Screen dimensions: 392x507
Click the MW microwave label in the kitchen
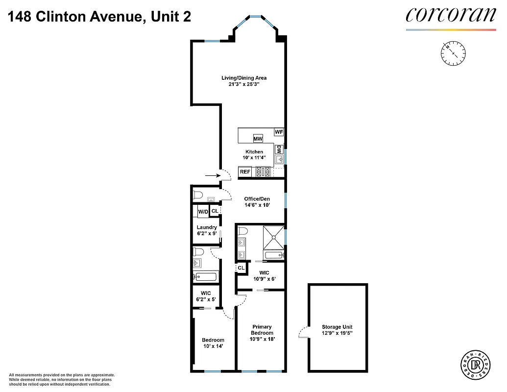coord(258,139)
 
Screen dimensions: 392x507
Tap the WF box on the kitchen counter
coord(278,132)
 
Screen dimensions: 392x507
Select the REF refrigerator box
coord(245,171)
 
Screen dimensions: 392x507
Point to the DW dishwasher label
coord(278,149)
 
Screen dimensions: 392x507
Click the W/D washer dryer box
coord(203,212)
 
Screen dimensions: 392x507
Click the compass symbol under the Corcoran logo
coord(454,53)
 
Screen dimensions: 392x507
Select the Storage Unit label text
coord(337,327)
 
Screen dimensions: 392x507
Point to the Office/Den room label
coord(257,199)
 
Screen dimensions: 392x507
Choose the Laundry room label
coord(207,227)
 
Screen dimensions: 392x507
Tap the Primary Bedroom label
coord(262,330)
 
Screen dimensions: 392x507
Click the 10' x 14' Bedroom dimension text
coord(213,346)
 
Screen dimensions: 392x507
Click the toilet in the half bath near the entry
coord(198,195)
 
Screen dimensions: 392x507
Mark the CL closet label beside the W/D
coord(215,211)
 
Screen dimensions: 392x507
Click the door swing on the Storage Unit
coord(303,333)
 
